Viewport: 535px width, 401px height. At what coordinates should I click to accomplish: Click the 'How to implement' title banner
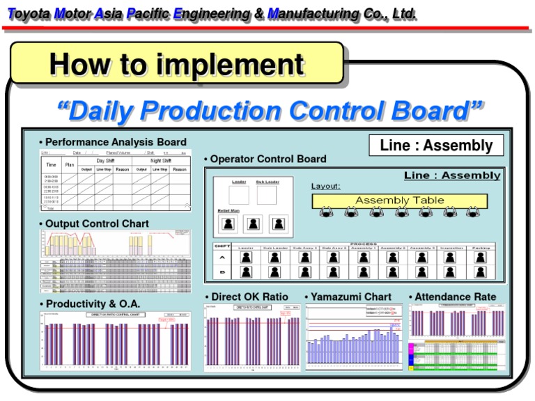[x=177, y=64]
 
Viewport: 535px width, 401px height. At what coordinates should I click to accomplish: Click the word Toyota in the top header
[x=28, y=13]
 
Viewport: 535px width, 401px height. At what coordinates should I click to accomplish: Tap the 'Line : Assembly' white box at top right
[x=436, y=146]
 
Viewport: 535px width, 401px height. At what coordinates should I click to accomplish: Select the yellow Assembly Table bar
[x=399, y=200]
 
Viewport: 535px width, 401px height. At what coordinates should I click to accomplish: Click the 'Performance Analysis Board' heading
[x=116, y=142]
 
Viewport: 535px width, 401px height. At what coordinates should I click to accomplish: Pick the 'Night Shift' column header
[x=160, y=160]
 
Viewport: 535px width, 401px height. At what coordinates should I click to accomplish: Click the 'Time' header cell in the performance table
[x=52, y=165]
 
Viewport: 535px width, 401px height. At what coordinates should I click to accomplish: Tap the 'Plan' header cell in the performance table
[x=70, y=165]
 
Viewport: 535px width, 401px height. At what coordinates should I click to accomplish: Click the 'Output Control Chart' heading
[x=97, y=223]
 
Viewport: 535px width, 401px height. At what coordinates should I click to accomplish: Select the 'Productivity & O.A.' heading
[x=93, y=304]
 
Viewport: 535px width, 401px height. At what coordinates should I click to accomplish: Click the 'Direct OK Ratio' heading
[x=249, y=297]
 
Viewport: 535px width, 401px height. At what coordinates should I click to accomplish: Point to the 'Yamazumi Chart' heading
[x=351, y=297]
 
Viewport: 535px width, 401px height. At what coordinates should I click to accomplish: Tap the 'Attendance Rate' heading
[x=456, y=297]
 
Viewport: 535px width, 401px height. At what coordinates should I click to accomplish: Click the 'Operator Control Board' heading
[x=268, y=159]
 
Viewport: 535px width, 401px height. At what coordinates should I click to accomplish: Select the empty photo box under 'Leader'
[x=239, y=195]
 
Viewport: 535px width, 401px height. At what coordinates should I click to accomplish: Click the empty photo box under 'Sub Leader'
[x=266, y=195]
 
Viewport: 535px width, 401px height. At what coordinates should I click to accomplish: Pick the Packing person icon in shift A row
[x=480, y=257]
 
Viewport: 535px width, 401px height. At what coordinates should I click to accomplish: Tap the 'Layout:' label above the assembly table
[x=325, y=186]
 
